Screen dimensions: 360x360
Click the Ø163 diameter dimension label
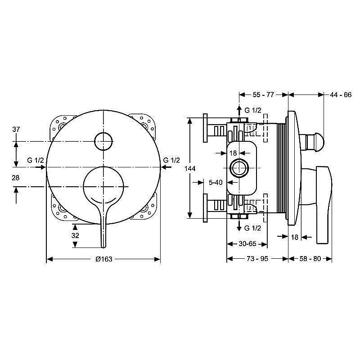point(104,259)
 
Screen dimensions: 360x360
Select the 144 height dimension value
point(190,169)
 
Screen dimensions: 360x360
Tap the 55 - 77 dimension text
point(263,94)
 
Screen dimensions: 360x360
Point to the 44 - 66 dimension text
point(341,94)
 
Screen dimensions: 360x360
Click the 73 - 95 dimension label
point(257,258)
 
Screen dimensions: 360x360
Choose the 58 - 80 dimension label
point(310,258)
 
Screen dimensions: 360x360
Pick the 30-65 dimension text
point(247,243)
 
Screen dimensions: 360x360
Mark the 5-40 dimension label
point(216,182)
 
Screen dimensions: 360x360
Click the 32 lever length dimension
point(75,235)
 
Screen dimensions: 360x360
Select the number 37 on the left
point(16,129)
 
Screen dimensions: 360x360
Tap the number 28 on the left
point(16,178)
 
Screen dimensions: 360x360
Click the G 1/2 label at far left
point(36,160)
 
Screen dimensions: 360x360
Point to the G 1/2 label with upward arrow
point(253,110)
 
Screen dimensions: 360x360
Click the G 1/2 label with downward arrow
point(253,228)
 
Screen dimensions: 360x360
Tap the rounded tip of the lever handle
point(103,246)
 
